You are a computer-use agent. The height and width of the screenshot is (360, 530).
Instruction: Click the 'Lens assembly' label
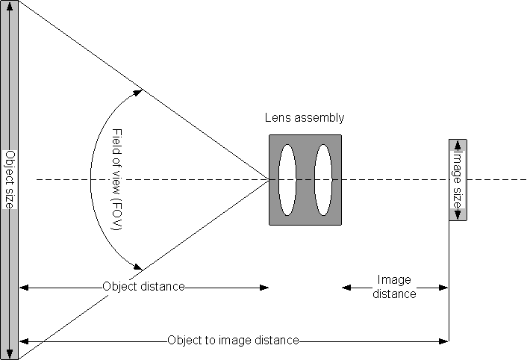coord(305,118)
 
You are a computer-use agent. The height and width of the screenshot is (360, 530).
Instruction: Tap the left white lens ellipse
coord(287,179)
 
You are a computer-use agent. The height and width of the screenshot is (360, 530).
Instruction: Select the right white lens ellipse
coord(322,179)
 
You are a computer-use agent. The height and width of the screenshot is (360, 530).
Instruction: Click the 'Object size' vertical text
coord(10,179)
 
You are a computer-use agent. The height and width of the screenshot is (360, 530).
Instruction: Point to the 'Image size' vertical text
coord(458,180)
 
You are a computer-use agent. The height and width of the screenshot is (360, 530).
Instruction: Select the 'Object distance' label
coord(143,287)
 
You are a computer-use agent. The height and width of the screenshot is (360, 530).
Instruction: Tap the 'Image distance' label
coord(395,287)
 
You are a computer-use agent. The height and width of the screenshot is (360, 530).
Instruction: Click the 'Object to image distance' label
coord(233,341)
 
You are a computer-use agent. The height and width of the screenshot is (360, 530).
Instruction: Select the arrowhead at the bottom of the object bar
coord(10,354)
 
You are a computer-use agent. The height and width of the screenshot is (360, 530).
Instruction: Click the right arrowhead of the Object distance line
coord(264,287)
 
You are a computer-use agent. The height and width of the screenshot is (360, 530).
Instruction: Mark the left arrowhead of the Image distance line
coord(346,287)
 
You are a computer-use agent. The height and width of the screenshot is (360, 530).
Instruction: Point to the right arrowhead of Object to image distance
coord(444,341)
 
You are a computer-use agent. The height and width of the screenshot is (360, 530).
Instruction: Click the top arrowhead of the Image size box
coord(458,143)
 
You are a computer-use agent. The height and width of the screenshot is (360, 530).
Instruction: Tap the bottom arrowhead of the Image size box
coord(458,216)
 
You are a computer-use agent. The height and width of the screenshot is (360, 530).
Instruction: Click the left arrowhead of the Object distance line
coord(23,287)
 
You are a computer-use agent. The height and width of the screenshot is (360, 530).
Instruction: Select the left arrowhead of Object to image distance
coord(23,341)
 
